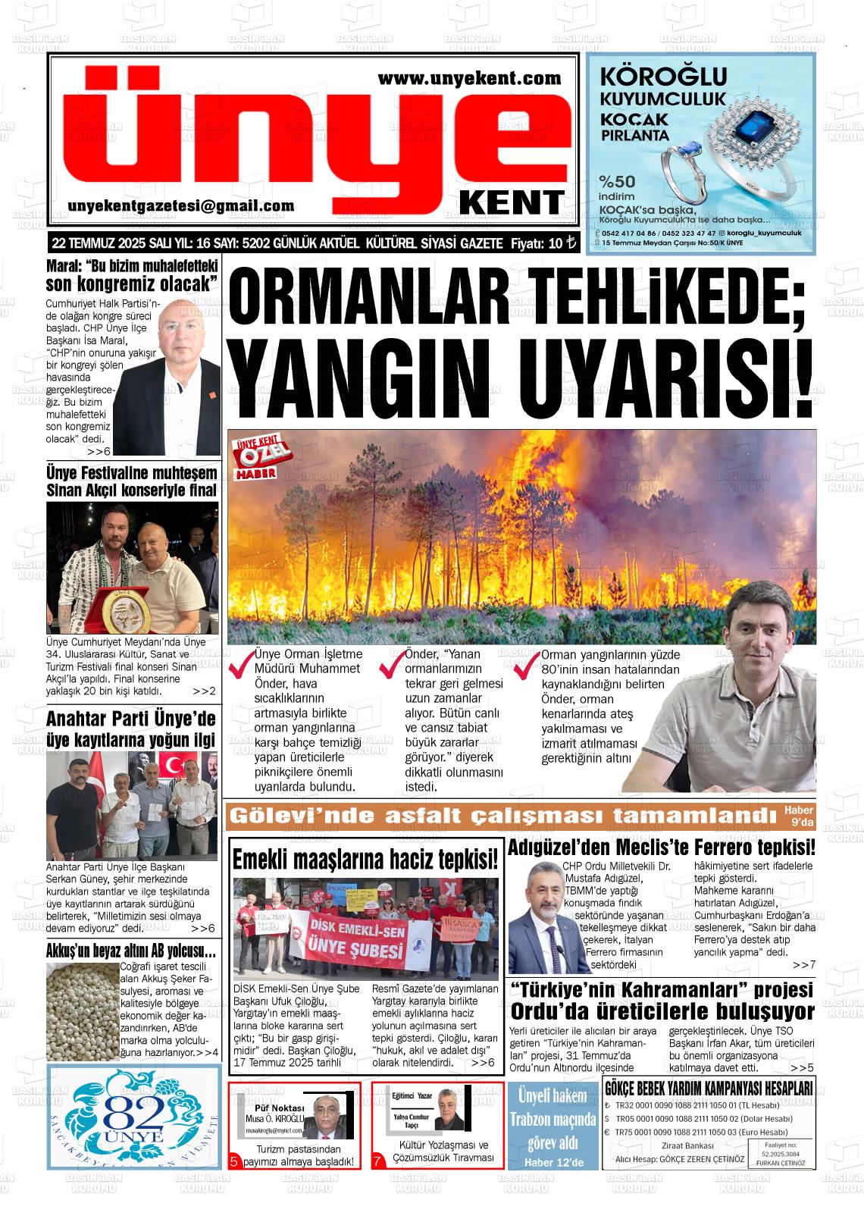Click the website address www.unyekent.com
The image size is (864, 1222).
(x=469, y=78)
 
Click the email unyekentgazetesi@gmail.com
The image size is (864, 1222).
(x=181, y=206)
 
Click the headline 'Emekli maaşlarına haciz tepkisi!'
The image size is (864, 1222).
(x=365, y=859)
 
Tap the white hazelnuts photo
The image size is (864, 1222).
(x=82, y=1011)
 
